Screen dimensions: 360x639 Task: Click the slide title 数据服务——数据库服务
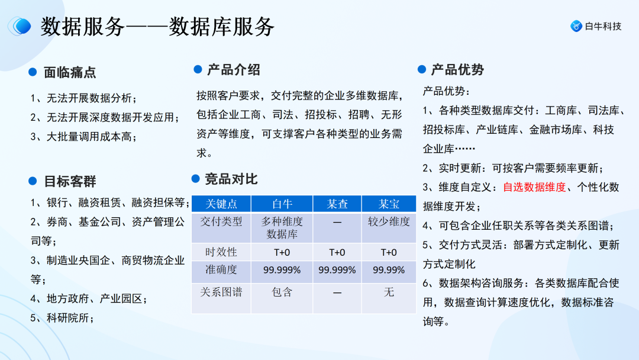[x=157, y=27]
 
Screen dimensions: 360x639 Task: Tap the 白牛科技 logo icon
[x=576, y=26]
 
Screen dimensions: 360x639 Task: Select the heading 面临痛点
[x=70, y=72]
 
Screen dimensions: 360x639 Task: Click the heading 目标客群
[x=70, y=181]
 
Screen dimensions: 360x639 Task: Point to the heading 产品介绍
[x=233, y=70]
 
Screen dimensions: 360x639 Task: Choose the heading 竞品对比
[x=231, y=179]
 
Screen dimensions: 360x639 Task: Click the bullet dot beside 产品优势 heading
[x=421, y=70]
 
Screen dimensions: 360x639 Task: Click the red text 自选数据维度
[x=534, y=187]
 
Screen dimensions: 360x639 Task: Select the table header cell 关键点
[x=221, y=204]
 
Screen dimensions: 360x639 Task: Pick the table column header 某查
[x=338, y=204]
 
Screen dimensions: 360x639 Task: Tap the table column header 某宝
[x=389, y=204]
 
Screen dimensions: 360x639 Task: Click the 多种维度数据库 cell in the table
[x=282, y=227]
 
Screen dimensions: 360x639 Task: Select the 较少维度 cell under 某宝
[x=389, y=221]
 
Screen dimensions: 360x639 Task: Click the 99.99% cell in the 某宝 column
[x=389, y=270]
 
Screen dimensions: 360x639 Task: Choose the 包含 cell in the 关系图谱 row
[x=282, y=292]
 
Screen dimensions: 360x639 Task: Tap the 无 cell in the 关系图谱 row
[x=389, y=292]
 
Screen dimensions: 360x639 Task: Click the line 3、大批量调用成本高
[x=83, y=137]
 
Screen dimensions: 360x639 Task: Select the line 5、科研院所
[x=62, y=318]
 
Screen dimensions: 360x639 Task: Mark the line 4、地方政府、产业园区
[x=89, y=298]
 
